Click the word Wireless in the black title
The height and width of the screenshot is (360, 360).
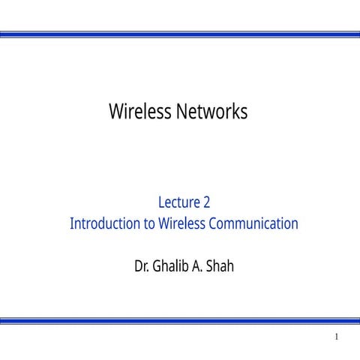point(141,112)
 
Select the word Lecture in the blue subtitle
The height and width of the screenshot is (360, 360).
point(178,202)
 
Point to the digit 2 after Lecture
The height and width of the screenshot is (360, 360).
point(206,202)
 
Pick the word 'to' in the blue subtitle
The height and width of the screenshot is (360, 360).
point(148,223)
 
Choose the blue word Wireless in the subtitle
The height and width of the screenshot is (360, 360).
point(182,223)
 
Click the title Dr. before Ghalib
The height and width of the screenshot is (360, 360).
point(142,265)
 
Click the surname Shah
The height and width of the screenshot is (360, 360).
point(222,265)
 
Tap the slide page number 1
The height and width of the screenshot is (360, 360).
point(337,337)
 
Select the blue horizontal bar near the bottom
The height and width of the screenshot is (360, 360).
point(180,320)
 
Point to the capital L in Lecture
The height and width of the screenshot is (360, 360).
point(162,202)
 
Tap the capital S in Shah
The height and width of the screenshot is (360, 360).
point(213,265)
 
